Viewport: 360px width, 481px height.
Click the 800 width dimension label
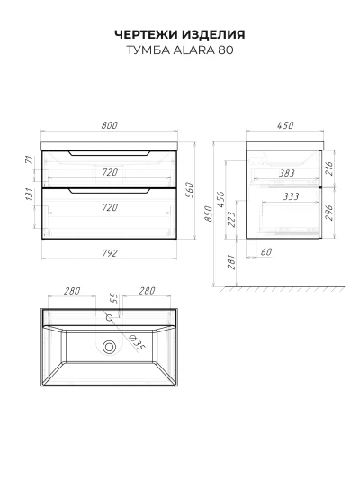pyautogui.click(x=110, y=125)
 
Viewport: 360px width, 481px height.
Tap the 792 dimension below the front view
pyautogui.click(x=110, y=253)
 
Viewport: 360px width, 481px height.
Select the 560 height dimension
pyautogui.click(x=190, y=190)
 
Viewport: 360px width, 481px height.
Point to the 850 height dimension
pyautogui.click(x=208, y=213)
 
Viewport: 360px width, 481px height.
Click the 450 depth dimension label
pyautogui.click(x=285, y=125)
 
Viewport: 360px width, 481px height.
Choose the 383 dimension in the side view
pyautogui.click(x=287, y=173)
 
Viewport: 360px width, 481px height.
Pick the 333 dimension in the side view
pyautogui.click(x=291, y=196)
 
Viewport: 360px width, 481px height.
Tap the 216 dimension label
pyautogui.click(x=328, y=168)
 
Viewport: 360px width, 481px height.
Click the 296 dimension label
pyautogui.click(x=328, y=213)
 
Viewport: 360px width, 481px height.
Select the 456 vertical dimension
pyautogui.click(x=220, y=200)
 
